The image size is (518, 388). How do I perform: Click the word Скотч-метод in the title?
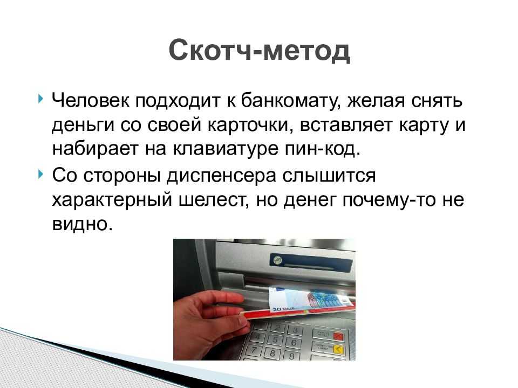(260, 51)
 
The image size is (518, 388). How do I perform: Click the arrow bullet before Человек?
(40, 98)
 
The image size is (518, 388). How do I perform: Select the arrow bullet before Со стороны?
(40, 174)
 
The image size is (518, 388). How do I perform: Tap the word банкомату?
(290, 100)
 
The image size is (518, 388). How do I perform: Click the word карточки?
(251, 126)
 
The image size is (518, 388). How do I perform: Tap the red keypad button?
(338, 336)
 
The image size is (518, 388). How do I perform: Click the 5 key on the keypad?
(275, 339)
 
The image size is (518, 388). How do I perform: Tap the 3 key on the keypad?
(295, 330)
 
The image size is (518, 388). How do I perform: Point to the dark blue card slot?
(311, 262)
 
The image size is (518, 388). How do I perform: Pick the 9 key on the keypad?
(291, 355)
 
